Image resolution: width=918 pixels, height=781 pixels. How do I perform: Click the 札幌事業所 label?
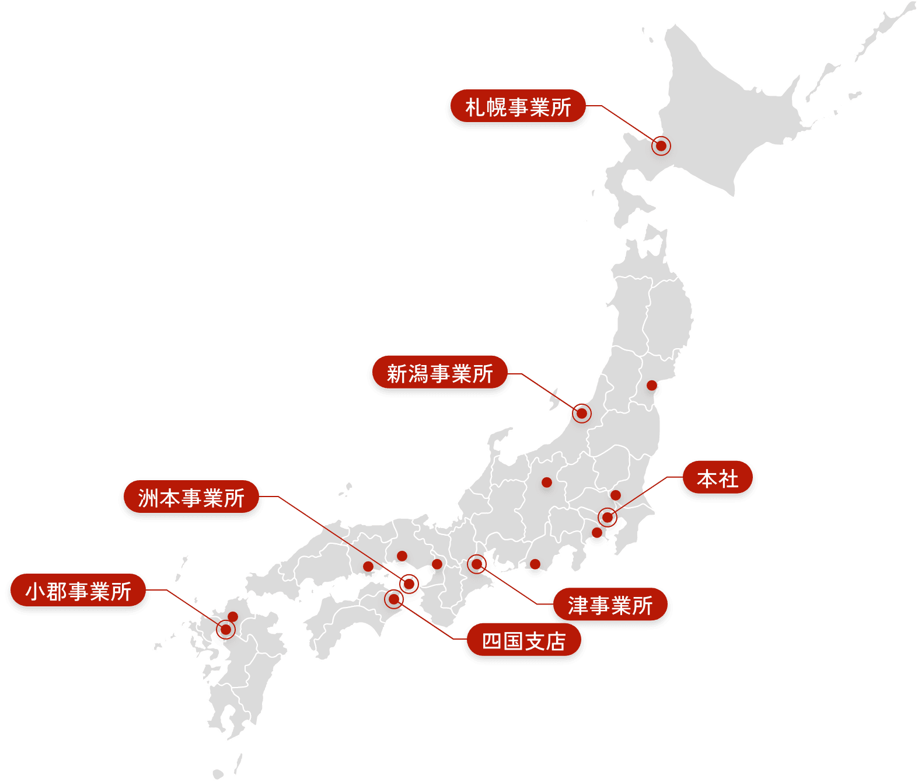click(518, 107)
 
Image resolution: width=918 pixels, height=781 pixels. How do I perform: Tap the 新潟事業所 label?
click(439, 374)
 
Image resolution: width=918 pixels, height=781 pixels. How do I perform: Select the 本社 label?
click(717, 479)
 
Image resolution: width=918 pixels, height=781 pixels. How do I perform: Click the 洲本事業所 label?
click(191, 498)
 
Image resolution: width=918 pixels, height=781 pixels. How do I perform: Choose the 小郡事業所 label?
click(78, 592)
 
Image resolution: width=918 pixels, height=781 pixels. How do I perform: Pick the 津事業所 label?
click(610, 606)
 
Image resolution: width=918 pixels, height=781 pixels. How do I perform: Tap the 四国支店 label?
click(523, 641)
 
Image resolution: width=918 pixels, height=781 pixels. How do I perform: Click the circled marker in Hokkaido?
click(661, 145)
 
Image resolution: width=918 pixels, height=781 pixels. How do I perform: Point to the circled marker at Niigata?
click(581, 414)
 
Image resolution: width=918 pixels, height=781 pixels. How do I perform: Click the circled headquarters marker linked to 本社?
click(608, 517)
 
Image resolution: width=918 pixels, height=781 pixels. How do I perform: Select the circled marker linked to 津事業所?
click(477, 564)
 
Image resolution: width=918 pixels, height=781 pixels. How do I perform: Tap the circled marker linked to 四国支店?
click(394, 599)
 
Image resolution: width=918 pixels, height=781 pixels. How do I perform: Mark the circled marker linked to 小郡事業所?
click(225, 629)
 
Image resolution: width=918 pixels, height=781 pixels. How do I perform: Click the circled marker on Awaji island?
click(409, 584)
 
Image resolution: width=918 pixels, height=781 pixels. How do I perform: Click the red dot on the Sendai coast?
click(652, 385)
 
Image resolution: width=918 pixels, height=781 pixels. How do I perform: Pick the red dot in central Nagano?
click(546, 482)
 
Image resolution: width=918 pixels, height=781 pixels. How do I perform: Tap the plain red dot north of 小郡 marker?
click(232, 616)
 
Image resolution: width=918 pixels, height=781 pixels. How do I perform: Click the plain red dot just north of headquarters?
click(615, 495)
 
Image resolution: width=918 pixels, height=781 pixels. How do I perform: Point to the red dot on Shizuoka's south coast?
click(535, 564)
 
